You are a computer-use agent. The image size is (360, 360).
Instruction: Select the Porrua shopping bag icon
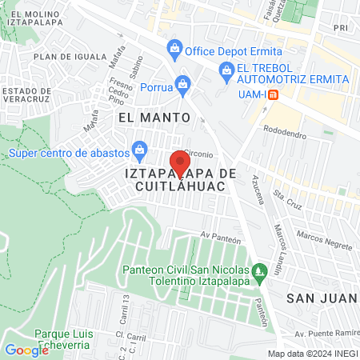[x=183, y=83]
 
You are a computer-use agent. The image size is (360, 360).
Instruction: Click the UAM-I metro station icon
[x=273, y=95]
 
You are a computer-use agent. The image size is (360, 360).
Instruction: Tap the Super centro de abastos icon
[x=140, y=148]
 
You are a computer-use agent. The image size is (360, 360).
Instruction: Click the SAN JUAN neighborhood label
[x=320, y=297]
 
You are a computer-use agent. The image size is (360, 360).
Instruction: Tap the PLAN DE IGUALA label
[x=70, y=57]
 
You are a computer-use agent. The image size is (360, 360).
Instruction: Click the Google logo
[x=26, y=350]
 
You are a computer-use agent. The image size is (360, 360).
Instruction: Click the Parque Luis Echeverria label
[x=65, y=339]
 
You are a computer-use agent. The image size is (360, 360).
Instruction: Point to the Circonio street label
[x=198, y=153]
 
